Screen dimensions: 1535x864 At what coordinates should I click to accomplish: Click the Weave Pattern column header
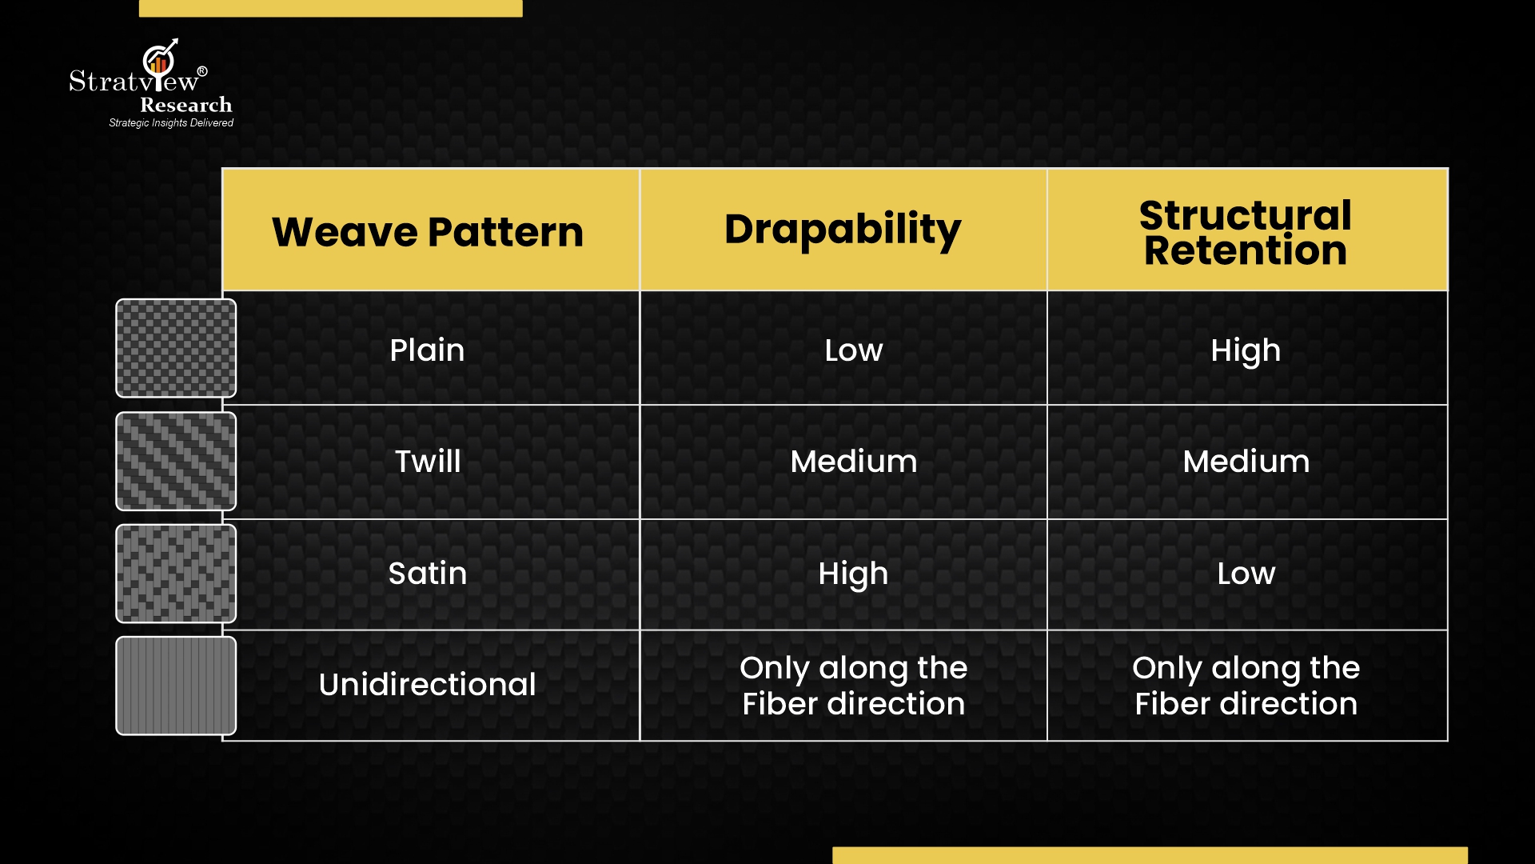pyautogui.click(x=428, y=232)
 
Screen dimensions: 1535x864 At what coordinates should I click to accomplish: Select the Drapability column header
pyautogui.click(x=843, y=230)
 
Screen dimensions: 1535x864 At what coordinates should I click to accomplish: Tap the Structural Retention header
pyautogui.click(x=1246, y=233)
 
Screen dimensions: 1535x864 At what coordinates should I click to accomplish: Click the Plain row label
pyautogui.click(x=427, y=350)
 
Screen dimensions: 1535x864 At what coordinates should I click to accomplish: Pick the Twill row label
pyautogui.click(x=428, y=461)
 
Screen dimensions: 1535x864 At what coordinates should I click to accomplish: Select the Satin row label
pyautogui.click(x=428, y=573)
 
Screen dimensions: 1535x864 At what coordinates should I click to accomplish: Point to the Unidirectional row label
pyautogui.click(x=428, y=684)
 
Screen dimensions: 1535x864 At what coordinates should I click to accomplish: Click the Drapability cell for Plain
pyautogui.click(x=854, y=350)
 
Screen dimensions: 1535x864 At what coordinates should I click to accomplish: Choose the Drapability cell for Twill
pyautogui.click(x=854, y=462)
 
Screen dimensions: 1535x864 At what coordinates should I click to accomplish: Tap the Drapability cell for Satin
pyautogui.click(x=853, y=574)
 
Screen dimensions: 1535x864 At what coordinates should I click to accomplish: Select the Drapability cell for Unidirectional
pyautogui.click(x=854, y=686)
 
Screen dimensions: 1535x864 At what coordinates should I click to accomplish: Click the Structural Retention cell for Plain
pyautogui.click(x=1246, y=351)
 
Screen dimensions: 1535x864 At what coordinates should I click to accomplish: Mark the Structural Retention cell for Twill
pyautogui.click(x=1246, y=462)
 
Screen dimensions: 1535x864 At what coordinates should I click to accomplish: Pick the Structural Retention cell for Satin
pyautogui.click(x=1246, y=574)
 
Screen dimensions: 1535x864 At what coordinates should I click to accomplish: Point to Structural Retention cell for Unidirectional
pyautogui.click(x=1246, y=686)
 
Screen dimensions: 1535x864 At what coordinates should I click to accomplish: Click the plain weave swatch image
pyautogui.click(x=176, y=348)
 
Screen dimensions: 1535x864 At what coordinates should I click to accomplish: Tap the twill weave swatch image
pyautogui.click(x=176, y=462)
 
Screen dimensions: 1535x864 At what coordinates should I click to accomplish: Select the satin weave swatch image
pyautogui.click(x=176, y=574)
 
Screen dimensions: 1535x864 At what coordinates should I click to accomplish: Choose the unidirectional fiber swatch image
pyautogui.click(x=176, y=686)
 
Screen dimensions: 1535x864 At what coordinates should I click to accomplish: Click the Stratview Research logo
pyautogui.click(x=151, y=84)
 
